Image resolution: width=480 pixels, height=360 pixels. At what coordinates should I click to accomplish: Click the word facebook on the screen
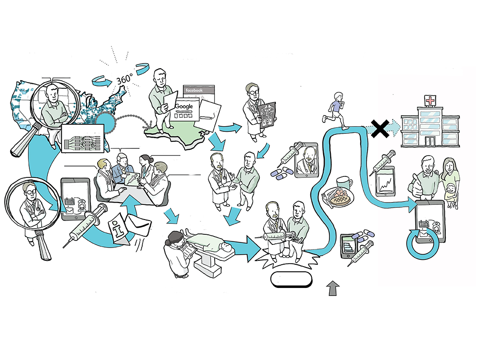point(194,90)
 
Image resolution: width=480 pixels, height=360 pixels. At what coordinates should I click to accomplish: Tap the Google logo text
point(184,107)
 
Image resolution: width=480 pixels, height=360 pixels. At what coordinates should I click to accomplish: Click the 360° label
point(124,81)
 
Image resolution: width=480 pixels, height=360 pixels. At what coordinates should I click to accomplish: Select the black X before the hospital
point(380,128)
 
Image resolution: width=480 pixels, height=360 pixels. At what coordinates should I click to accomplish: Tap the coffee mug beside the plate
point(344,184)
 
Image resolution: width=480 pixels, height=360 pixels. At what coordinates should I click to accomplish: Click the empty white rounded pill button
point(291,280)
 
